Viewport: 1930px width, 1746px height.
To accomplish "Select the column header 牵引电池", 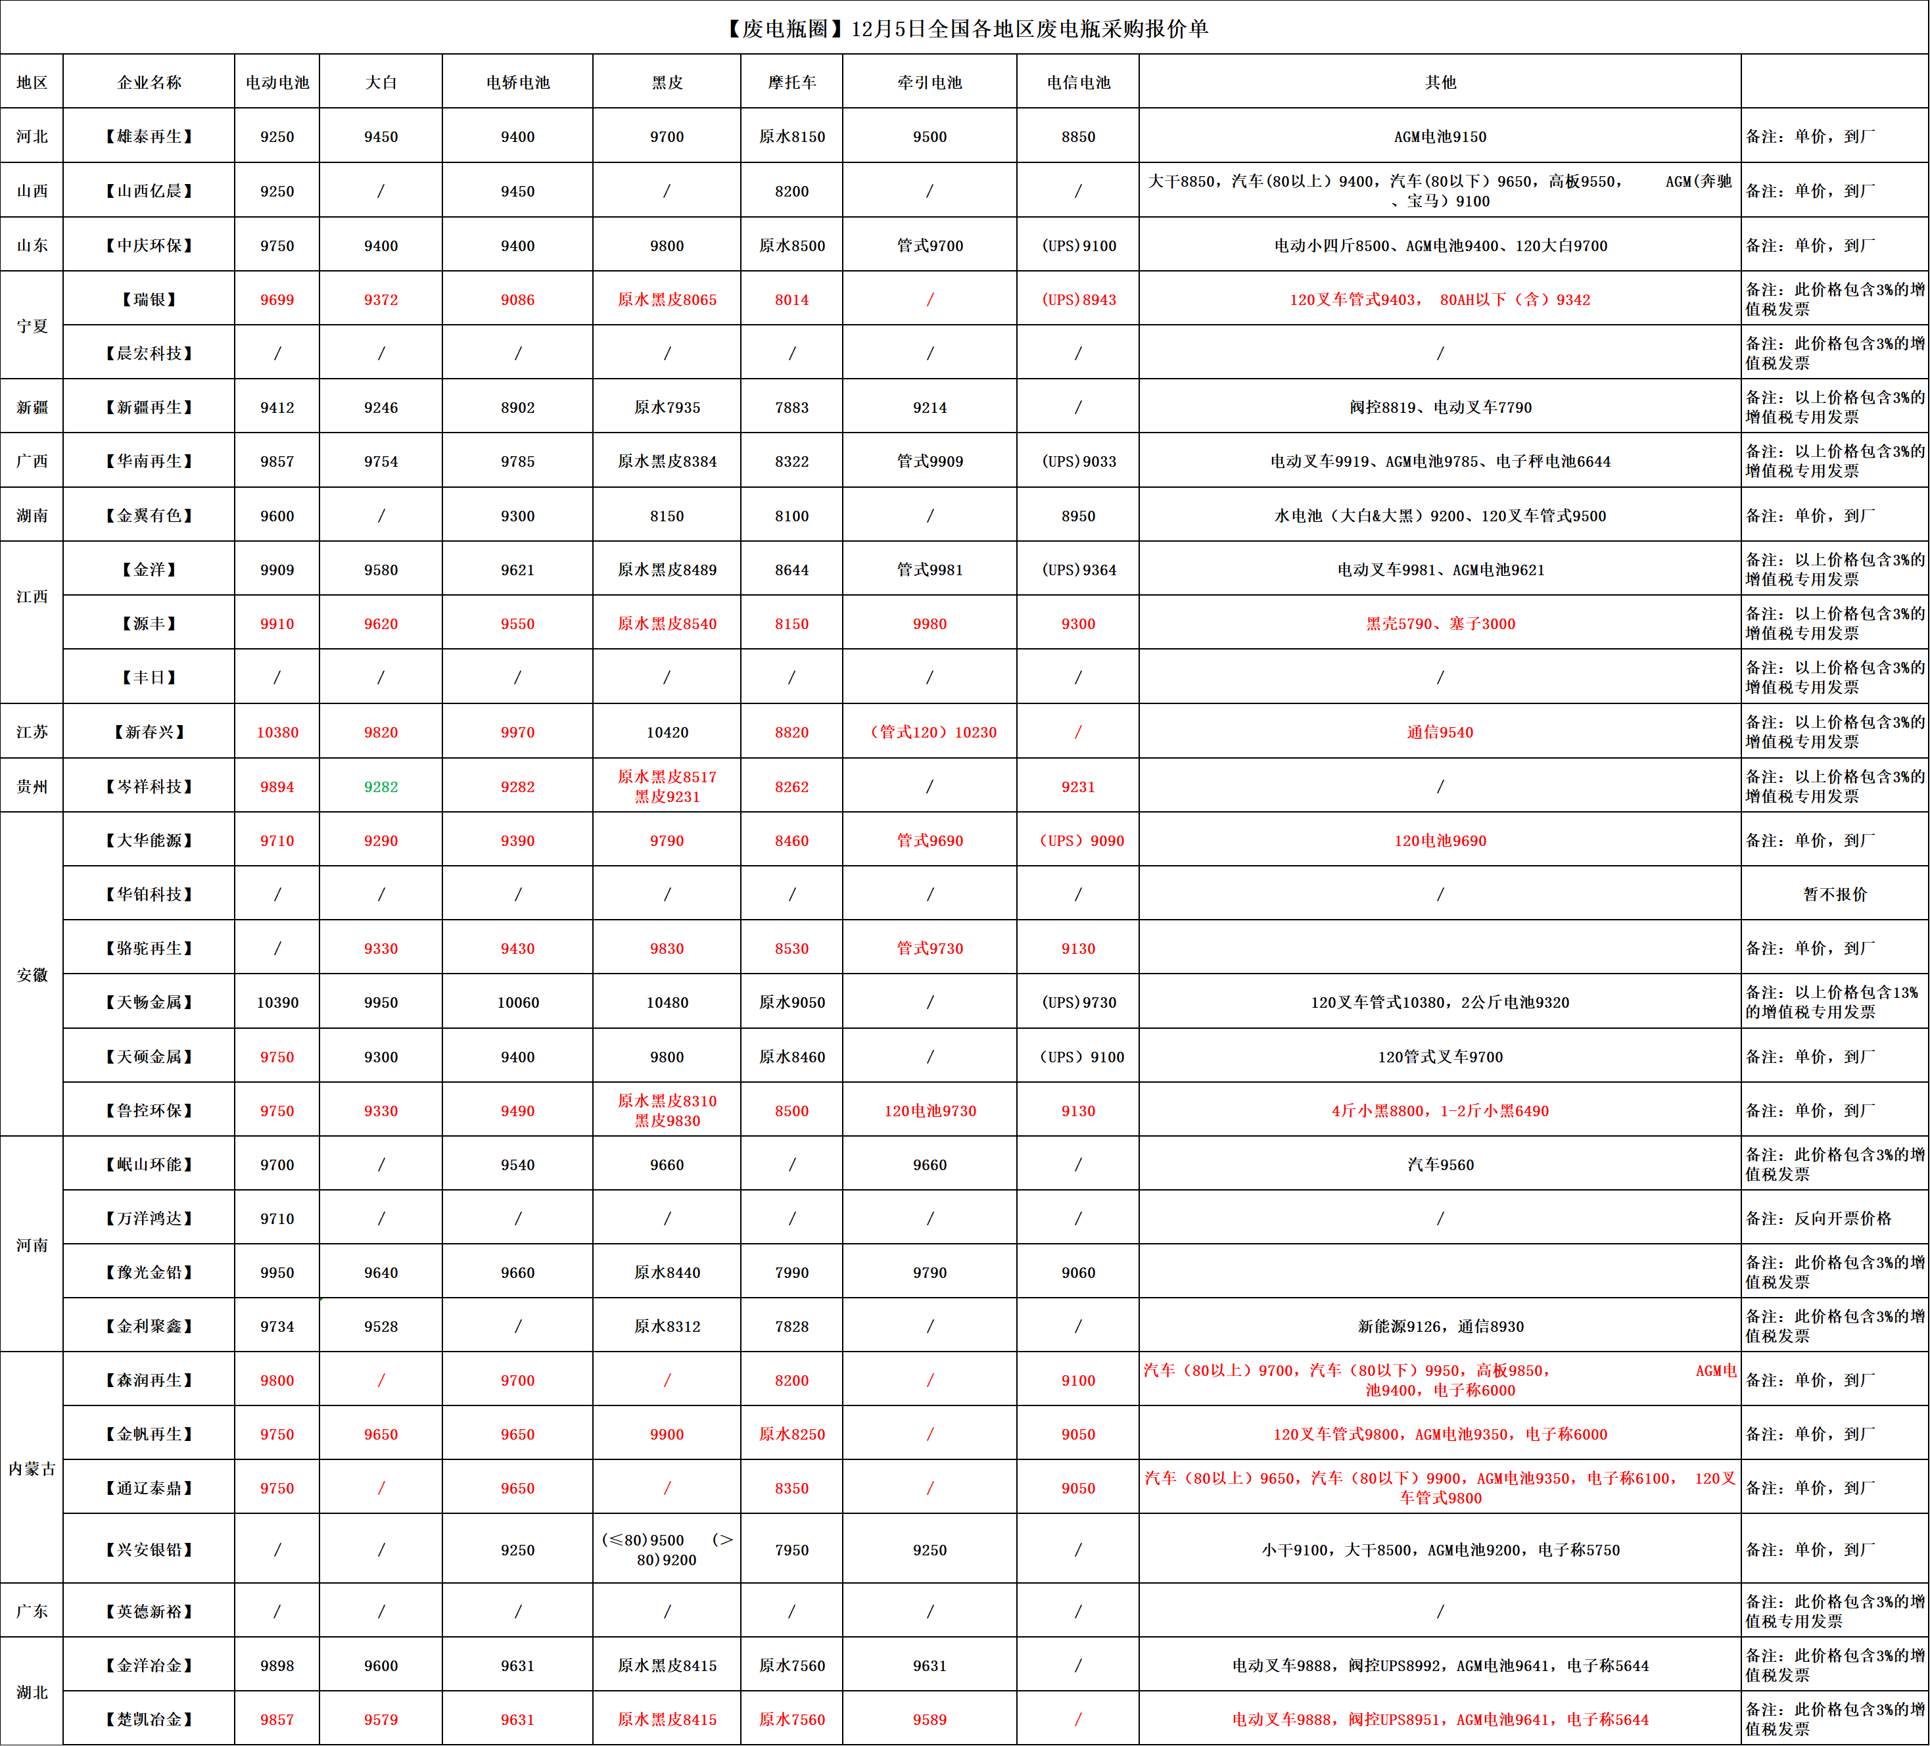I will click(x=930, y=82).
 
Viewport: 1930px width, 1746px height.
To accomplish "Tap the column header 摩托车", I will click(x=791, y=82).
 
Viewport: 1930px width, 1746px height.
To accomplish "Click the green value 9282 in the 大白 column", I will click(x=381, y=787).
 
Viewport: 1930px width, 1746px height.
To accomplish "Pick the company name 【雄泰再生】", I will click(x=149, y=137).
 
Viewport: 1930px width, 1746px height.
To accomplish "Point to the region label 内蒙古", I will click(x=32, y=1469).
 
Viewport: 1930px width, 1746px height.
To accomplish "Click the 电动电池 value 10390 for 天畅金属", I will click(x=277, y=1003).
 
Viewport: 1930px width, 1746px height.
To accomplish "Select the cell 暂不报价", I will click(x=1834, y=894).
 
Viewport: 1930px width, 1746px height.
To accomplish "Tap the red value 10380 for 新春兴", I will click(x=277, y=732).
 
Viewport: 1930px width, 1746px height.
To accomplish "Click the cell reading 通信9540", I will click(x=1440, y=732).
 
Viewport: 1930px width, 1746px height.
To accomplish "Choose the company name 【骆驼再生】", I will click(x=149, y=949).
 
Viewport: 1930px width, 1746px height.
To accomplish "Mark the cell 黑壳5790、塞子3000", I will click(x=1440, y=624).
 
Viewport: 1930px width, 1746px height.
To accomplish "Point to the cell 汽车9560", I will click(x=1440, y=1165).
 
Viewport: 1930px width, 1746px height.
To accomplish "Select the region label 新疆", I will click(x=32, y=408).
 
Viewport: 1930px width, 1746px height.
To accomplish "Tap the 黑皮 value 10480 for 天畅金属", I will click(x=667, y=1003).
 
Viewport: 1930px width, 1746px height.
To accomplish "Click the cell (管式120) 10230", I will click(x=931, y=732).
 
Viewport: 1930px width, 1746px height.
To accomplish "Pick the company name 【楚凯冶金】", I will click(x=149, y=1719).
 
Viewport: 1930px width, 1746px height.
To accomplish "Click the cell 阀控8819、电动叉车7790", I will click(x=1440, y=408).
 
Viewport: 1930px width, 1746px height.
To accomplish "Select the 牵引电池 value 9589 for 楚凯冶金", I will click(x=930, y=1719).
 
